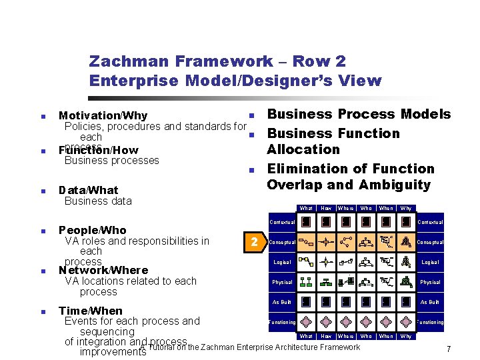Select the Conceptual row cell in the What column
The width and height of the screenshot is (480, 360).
pos(306,242)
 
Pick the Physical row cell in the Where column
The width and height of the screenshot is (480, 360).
pos(346,282)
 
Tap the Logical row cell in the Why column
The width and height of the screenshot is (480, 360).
pos(405,262)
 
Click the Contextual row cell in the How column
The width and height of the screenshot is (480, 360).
pos(326,222)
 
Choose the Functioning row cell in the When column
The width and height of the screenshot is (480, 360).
pos(386,322)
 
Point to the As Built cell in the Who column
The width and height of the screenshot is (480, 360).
pos(366,302)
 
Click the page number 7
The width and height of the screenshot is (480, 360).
pos(449,349)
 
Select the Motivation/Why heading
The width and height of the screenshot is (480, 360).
pos(103,116)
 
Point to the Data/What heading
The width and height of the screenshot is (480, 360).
pos(89,190)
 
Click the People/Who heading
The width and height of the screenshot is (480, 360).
pos(93,230)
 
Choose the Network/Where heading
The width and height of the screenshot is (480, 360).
pos(103,270)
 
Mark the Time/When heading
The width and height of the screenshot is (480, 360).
pos(91,311)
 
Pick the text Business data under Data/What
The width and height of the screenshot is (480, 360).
pos(98,201)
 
